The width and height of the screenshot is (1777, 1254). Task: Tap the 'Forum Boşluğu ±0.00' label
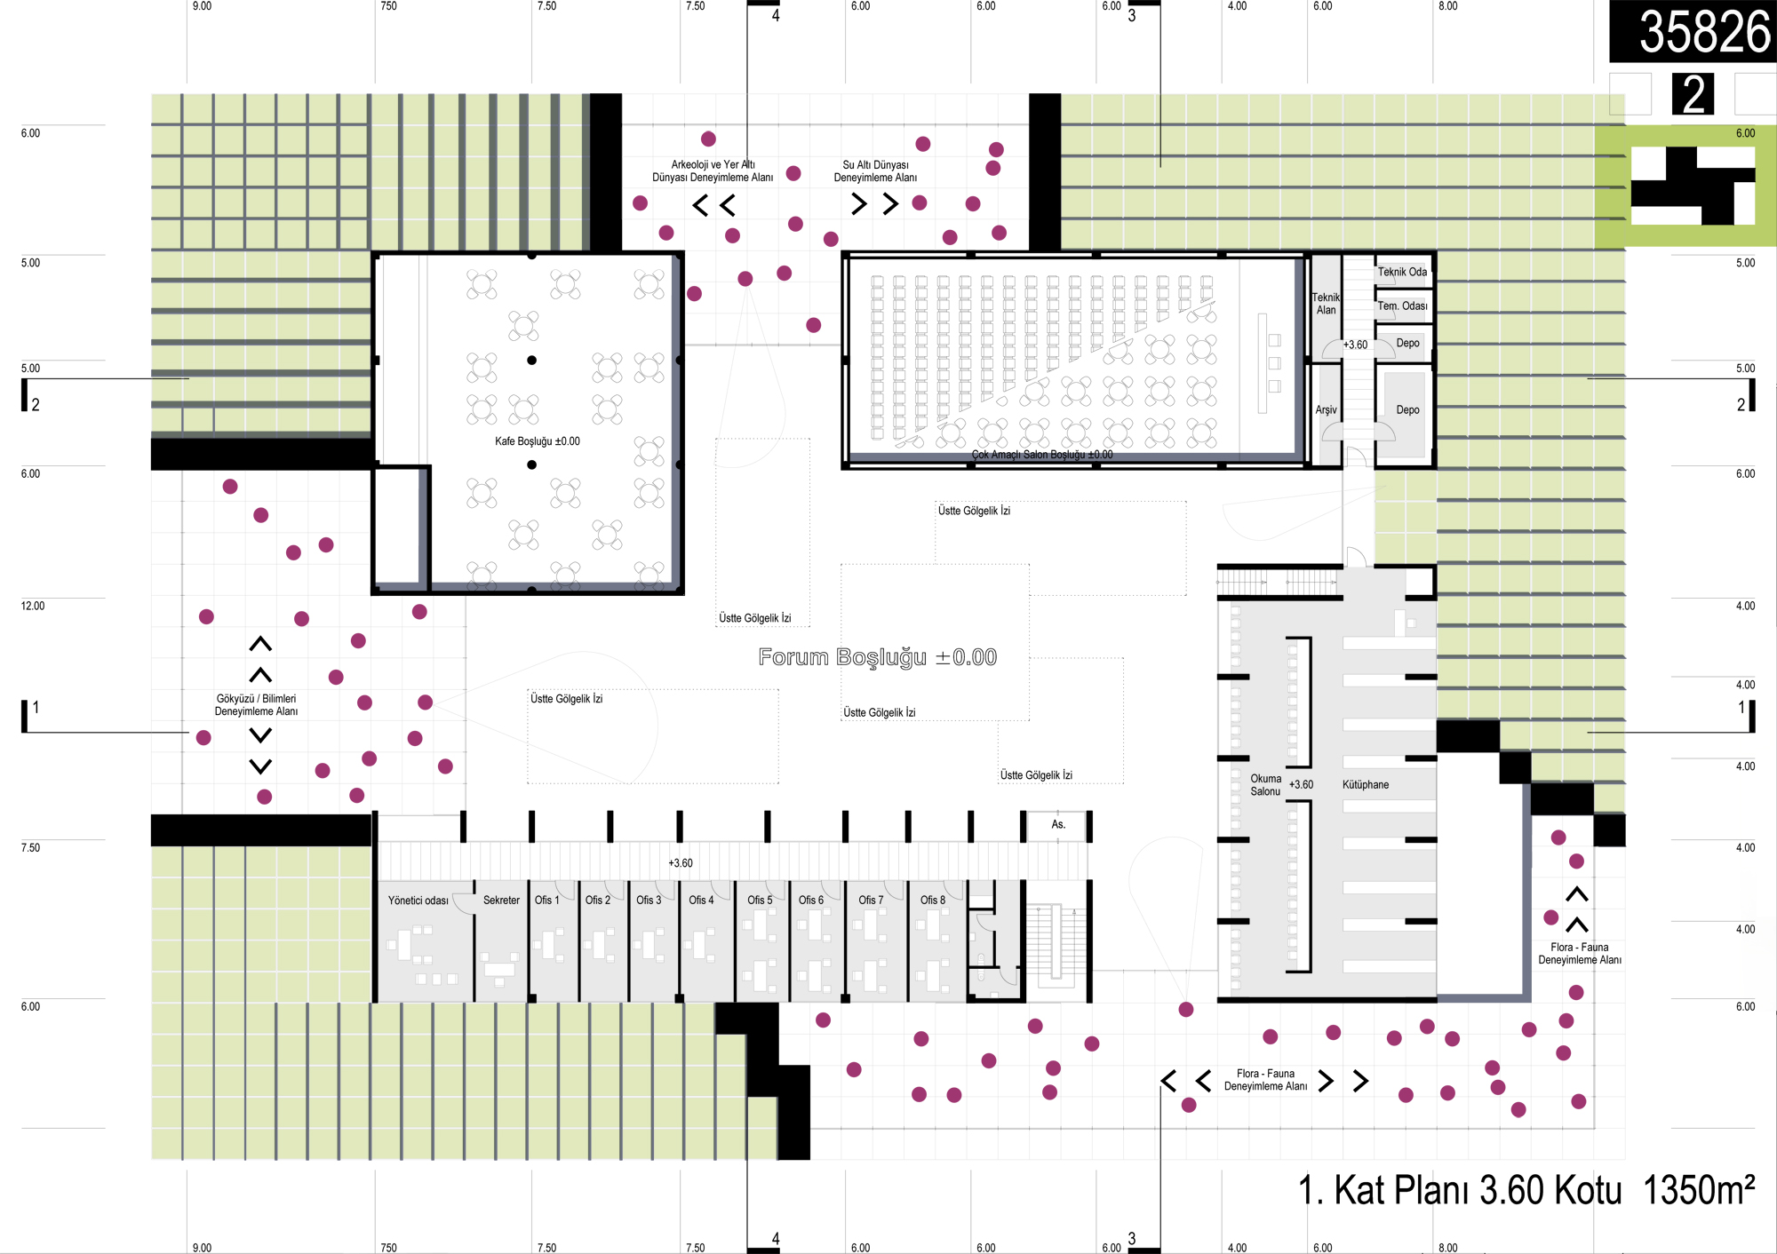click(878, 657)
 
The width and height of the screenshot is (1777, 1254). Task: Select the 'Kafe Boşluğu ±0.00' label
click(537, 441)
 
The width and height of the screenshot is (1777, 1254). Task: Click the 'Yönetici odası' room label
click(418, 901)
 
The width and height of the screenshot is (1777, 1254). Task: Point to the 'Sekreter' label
click(501, 901)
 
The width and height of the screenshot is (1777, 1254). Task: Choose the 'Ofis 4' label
click(701, 901)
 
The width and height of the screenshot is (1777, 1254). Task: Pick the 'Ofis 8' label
click(932, 901)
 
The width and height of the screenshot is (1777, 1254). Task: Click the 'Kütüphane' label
click(1366, 785)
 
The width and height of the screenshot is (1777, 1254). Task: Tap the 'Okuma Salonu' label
click(1265, 785)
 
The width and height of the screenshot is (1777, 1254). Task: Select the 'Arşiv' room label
click(1326, 410)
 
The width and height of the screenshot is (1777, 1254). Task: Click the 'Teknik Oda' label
click(1402, 273)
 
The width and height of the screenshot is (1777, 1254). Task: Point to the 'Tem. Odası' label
click(1402, 306)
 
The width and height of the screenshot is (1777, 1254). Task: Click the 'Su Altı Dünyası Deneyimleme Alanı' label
click(875, 171)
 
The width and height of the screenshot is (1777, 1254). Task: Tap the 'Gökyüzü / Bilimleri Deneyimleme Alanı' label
click(256, 705)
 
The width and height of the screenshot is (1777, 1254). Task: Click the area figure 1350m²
click(1699, 1191)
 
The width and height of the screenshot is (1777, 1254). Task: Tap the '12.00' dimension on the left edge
click(33, 607)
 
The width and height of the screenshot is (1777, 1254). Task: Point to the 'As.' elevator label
click(1058, 825)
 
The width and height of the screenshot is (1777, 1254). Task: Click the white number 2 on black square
click(1693, 94)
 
